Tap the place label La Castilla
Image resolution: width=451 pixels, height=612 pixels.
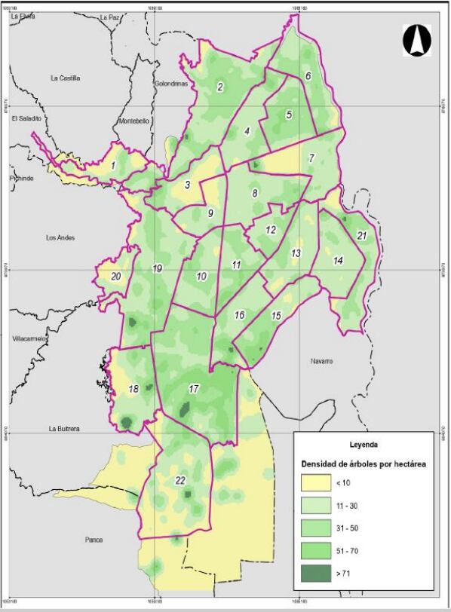point(65,78)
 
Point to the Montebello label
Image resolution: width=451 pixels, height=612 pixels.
point(135,121)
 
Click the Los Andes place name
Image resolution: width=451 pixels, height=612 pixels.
point(60,238)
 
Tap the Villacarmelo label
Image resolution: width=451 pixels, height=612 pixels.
point(30,339)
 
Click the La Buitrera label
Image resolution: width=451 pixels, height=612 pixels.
point(65,429)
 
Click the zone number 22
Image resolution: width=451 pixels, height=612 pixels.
point(180,481)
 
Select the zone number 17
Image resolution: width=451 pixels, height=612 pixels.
point(193,390)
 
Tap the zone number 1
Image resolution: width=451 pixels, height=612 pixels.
point(113,164)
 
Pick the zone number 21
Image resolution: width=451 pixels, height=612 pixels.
point(362,236)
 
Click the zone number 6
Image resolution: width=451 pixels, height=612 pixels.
point(308,75)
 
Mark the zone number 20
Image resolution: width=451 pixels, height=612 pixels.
point(116,277)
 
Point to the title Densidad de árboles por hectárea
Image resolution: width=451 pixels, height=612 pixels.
point(364,464)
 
